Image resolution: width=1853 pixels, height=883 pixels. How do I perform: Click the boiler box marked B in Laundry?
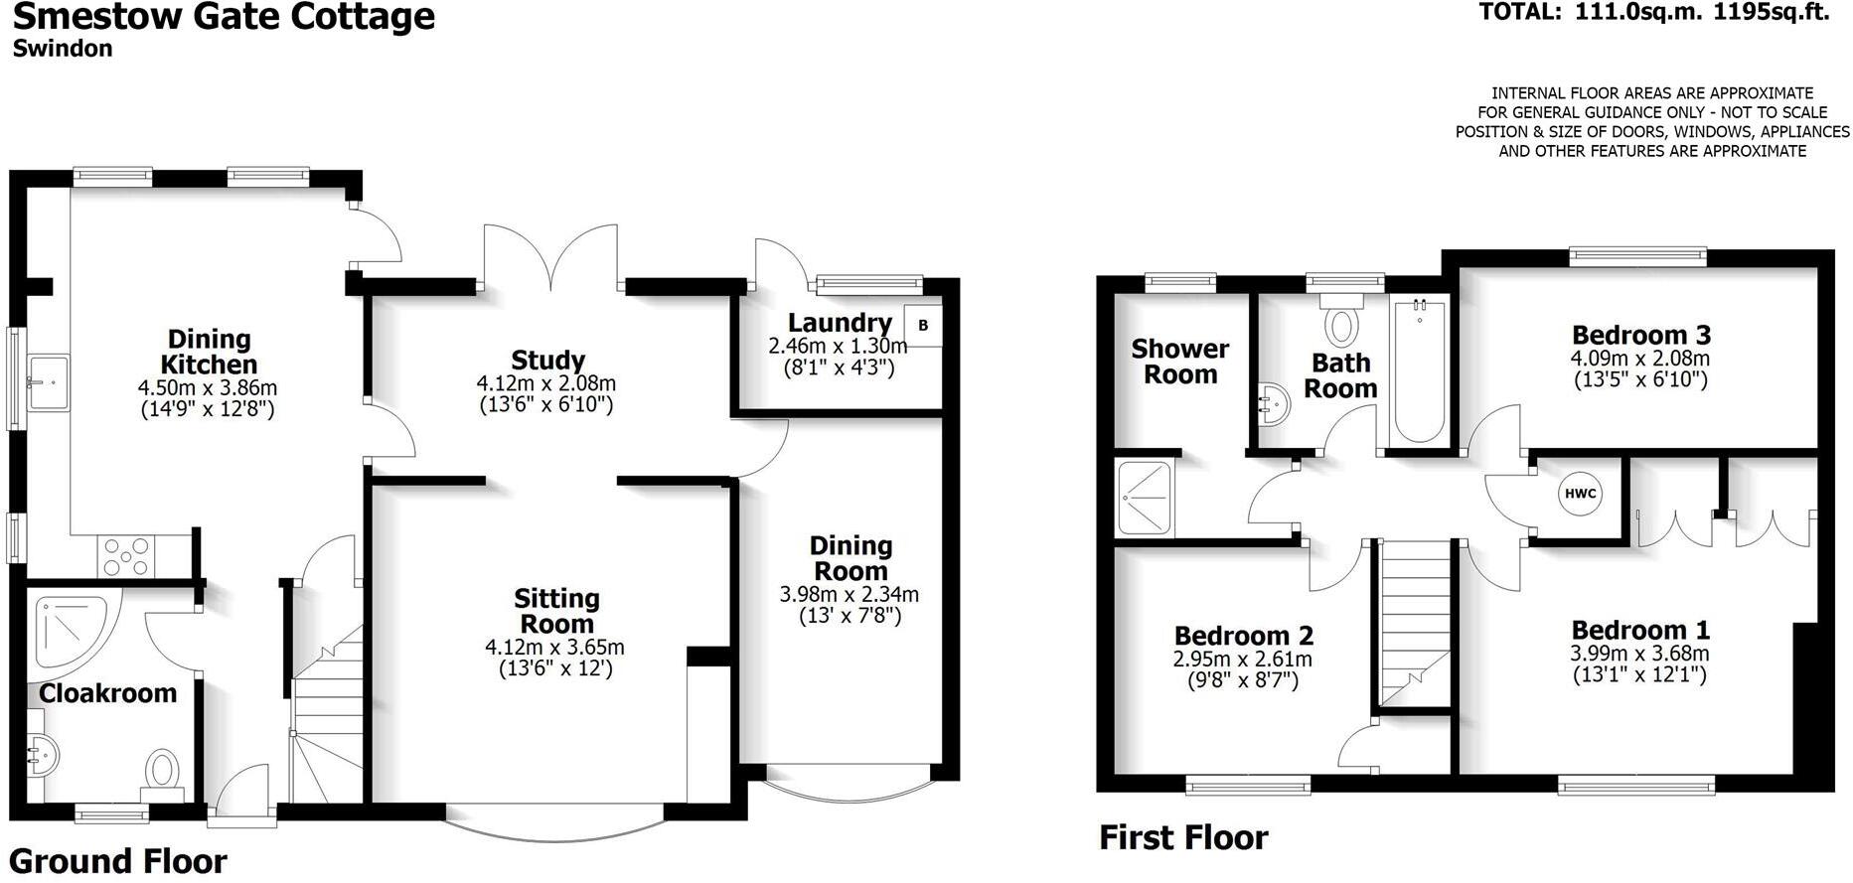point(923,326)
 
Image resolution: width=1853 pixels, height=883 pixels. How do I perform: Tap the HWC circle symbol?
point(1580,494)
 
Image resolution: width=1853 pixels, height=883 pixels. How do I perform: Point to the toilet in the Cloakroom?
point(163,771)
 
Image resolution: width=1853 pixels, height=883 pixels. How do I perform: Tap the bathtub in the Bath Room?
point(1419,372)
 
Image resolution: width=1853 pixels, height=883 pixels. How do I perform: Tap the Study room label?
point(547,360)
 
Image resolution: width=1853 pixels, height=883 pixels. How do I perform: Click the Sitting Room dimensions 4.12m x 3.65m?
point(554,648)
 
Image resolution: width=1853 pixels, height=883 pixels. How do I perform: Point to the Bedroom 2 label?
point(1243,635)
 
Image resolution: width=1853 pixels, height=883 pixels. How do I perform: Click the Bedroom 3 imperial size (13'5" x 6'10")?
point(1640,379)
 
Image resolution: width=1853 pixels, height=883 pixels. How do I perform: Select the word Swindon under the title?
point(63,49)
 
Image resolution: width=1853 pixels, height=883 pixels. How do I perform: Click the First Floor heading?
point(1183,837)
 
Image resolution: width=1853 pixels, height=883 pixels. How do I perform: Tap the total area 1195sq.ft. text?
point(1773,12)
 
